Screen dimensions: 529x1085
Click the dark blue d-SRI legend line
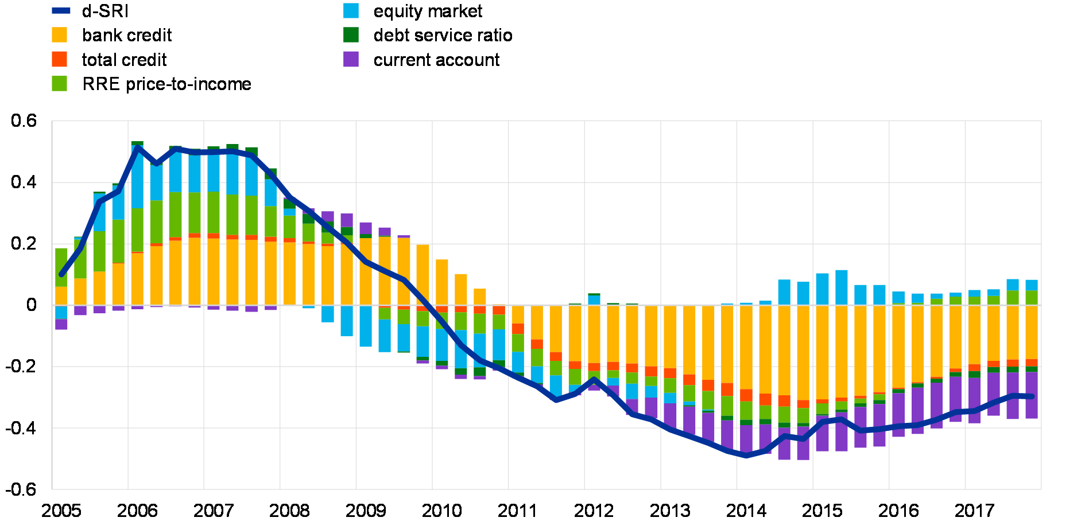pos(61,10)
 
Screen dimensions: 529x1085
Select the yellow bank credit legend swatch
pos(59,35)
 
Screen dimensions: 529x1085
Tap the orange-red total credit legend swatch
pos(59,59)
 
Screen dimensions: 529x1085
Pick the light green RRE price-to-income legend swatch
pos(59,84)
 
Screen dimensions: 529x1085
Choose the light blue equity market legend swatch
pos(351,10)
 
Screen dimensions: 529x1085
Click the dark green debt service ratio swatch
pos(351,35)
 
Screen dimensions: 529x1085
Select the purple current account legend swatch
pos(351,59)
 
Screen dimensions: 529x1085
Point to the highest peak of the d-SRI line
pos(138,147)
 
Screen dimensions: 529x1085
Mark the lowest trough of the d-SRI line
pos(746,456)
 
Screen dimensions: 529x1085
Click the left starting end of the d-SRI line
pos(61,275)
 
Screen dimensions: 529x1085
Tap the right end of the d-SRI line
pos(1032,396)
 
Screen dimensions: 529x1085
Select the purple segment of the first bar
pos(61,324)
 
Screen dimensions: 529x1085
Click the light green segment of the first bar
pos(61,267)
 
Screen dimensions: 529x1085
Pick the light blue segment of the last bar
pos(1032,285)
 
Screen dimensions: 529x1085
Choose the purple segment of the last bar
pos(1032,395)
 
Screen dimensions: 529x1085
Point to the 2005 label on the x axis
pos(61,509)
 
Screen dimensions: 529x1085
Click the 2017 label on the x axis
pos(746,509)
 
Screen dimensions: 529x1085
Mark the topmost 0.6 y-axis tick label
pos(24,120)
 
